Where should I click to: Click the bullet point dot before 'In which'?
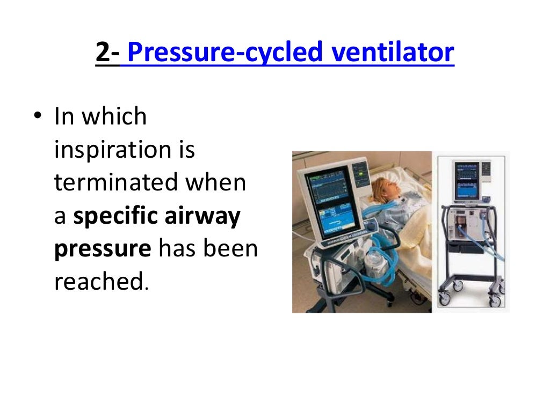37,117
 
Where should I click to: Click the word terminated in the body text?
115,182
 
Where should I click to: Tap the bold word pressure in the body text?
102,249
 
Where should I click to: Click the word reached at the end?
98,283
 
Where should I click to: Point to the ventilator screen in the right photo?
469,180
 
